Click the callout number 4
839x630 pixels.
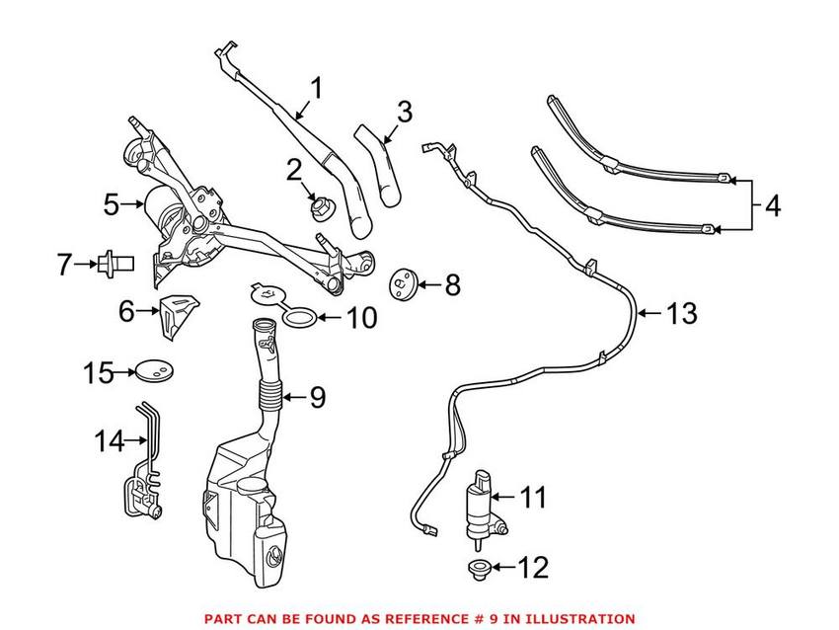click(x=773, y=206)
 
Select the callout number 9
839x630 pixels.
click(x=316, y=398)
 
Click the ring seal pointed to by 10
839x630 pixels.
click(x=301, y=317)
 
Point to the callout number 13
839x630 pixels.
click(x=680, y=314)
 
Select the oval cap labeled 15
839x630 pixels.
click(x=151, y=372)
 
